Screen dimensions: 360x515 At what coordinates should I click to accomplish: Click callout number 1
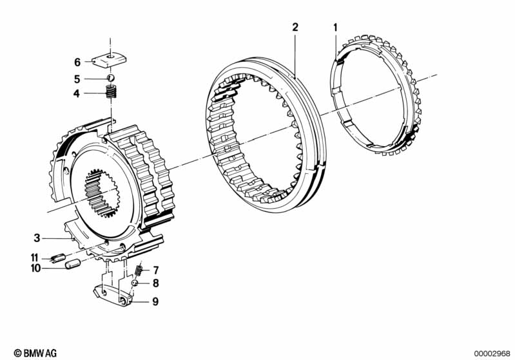[x=335, y=27]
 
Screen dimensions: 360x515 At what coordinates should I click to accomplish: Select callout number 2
[x=295, y=27]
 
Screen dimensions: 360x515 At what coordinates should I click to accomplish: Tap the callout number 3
[x=37, y=236]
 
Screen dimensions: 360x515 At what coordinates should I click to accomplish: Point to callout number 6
[x=77, y=62]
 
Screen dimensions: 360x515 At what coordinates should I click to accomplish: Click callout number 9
[x=155, y=301]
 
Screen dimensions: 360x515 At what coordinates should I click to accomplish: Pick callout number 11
[x=35, y=258]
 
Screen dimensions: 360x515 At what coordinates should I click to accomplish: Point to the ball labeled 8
[x=136, y=282]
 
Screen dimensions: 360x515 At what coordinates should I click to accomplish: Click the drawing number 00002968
[x=492, y=352]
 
